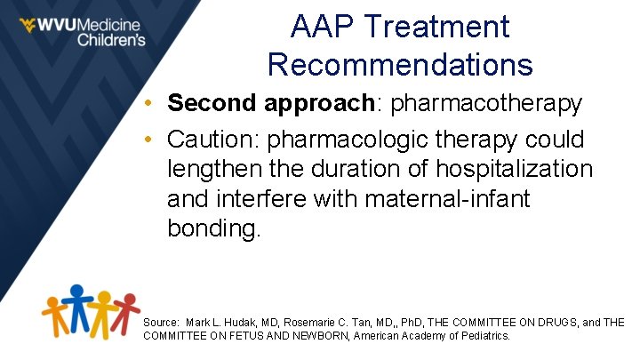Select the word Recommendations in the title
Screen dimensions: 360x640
[400, 65]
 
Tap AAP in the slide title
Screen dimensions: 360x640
[319, 27]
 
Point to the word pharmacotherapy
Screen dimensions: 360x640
[486, 104]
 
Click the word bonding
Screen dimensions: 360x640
[214, 228]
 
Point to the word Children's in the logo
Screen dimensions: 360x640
[110, 40]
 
